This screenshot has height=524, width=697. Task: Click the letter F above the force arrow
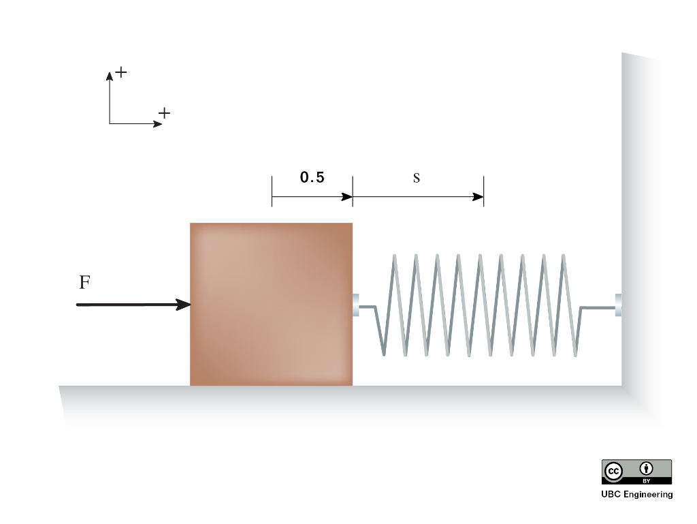pos(84,282)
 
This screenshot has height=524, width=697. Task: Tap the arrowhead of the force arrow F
pos(184,305)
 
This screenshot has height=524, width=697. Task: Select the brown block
pos(271,304)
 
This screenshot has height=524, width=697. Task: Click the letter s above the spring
pos(417,179)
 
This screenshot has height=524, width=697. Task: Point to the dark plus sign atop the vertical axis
pos(121,72)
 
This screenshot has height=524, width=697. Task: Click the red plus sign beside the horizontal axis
pos(164,113)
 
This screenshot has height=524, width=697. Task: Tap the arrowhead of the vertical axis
pos(109,76)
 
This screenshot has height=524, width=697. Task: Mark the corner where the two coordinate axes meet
pos(110,124)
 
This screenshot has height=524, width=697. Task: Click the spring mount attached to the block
pos(356,305)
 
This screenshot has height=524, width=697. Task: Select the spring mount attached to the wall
pos(618,305)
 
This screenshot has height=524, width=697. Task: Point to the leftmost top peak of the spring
pos(394,256)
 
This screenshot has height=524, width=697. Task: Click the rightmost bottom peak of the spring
pos(576,354)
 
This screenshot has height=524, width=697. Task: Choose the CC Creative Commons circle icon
pos(613,471)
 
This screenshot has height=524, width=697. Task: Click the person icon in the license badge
pos(646,468)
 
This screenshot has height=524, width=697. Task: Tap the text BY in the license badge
pos(646,481)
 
